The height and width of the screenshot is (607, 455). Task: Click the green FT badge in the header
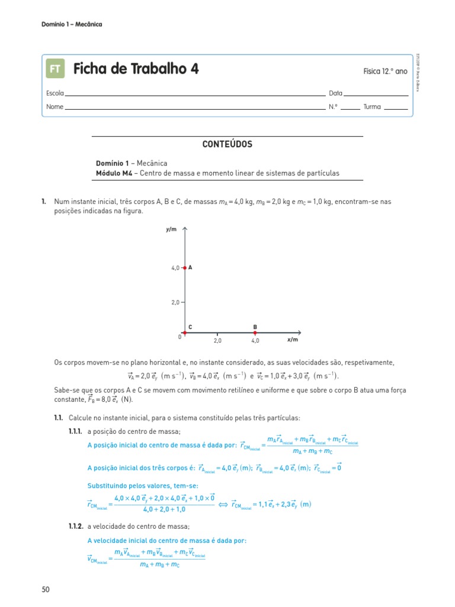click(x=55, y=69)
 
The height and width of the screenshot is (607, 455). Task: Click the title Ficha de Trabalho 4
click(x=136, y=69)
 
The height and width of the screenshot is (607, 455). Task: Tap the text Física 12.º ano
click(x=385, y=71)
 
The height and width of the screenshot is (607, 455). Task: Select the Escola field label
click(x=55, y=94)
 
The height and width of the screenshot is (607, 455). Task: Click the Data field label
click(x=335, y=94)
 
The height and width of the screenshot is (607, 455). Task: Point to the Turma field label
click(x=372, y=107)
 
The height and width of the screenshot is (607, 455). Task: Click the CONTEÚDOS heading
click(x=227, y=144)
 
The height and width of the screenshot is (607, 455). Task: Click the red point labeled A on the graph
click(x=185, y=268)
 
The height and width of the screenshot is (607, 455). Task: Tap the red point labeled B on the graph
click(x=255, y=333)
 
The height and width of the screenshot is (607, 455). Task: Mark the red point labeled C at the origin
click(x=185, y=333)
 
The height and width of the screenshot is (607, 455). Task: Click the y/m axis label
click(x=172, y=229)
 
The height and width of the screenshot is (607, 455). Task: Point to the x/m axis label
click(x=292, y=340)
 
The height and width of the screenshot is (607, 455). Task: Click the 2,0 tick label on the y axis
click(x=175, y=302)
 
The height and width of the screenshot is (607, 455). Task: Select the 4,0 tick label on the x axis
click(x=255, y=341)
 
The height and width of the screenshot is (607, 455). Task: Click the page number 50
click(x=46, y=589)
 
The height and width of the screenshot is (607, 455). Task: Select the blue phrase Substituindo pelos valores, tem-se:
click(x=139, y=485)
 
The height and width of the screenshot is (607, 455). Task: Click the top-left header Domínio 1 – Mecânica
click(x=72, y=24)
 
